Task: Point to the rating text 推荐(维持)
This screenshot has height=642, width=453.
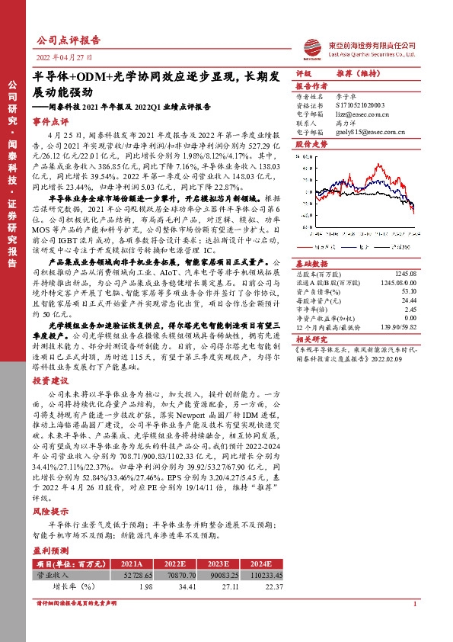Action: point(358,74)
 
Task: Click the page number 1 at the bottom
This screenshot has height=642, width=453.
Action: point(414,626)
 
